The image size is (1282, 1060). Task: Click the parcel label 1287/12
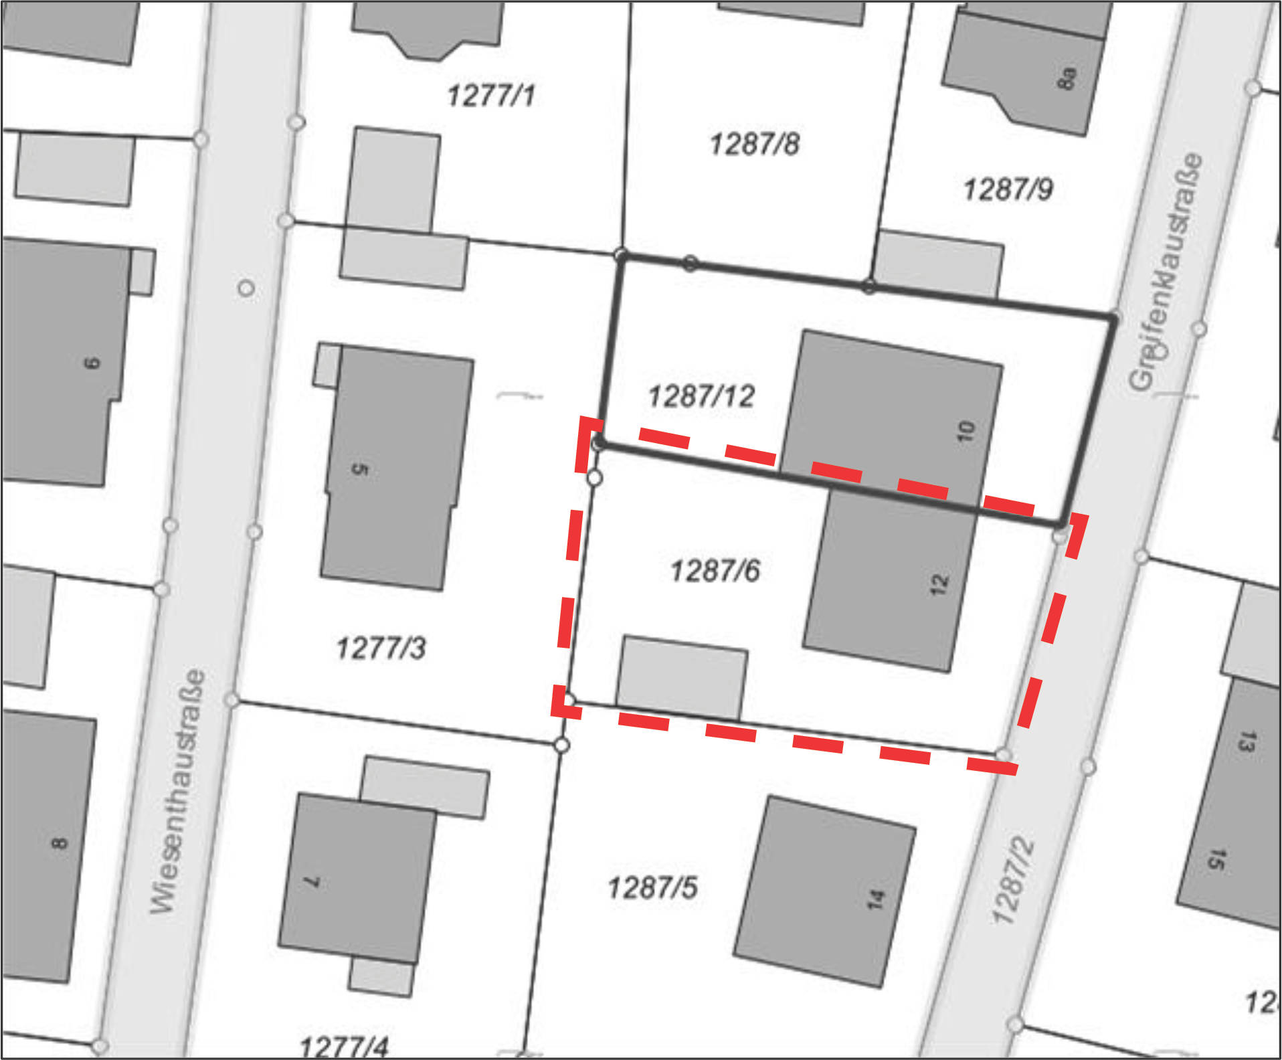point(701,396)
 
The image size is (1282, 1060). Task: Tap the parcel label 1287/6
point(715,571)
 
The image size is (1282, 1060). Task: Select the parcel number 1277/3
point(381,648)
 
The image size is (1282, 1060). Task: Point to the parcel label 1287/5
point(652,888)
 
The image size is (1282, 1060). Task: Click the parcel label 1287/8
point(754,144)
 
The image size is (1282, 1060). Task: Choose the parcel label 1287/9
point(1008,189)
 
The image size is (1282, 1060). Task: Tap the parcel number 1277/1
point(491,95)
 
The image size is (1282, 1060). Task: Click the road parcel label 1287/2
point(1013,881)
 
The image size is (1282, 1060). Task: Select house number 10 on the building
point(967,432)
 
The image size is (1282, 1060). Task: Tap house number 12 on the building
point(939,584)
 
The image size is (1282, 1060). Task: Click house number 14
point(876,899)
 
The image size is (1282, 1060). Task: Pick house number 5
point(360,468)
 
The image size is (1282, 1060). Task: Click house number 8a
point(1067,78)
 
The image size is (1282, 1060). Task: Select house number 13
point(1246,741)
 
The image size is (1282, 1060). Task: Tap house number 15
point(1216,859)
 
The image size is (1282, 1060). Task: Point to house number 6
point(92,363)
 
